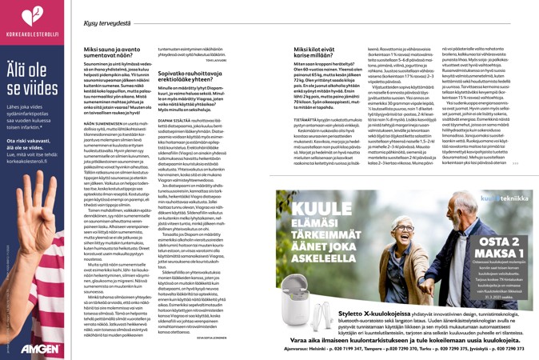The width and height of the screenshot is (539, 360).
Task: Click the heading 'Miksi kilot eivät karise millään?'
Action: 302,51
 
